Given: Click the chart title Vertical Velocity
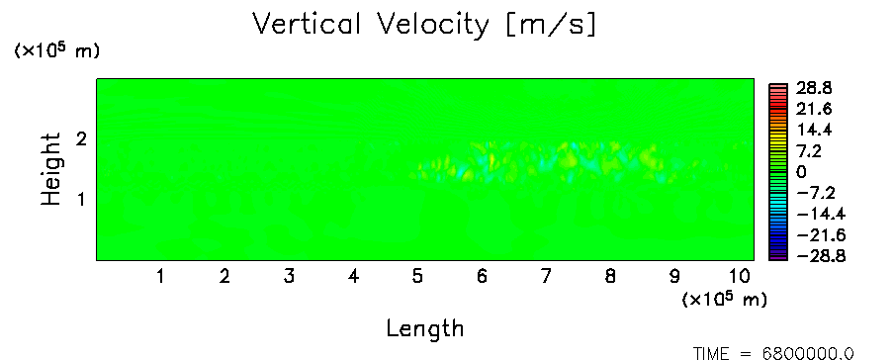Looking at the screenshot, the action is (371, 25).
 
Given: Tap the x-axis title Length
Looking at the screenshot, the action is (425, 329).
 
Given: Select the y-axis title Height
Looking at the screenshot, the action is (50, 169).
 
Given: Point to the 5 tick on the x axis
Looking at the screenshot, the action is (417, 277).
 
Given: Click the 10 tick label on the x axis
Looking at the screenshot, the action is (739, 277).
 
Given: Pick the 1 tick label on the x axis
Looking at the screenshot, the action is (161, 277).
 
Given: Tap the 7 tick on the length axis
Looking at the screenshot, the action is (546, 277).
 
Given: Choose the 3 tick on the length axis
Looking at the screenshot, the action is (289, 277).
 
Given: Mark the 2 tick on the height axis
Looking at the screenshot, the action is (81, 138).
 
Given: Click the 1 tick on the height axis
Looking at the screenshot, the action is (81, 200).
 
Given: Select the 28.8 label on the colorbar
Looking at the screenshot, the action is (815, 88).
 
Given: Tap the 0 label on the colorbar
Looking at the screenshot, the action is (802, 172).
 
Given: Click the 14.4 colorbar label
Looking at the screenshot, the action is (815, 131).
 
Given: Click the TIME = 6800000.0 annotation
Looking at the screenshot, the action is (774, 353).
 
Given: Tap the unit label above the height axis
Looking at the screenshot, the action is (57, 50).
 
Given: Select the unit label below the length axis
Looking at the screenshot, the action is (725, 299).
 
